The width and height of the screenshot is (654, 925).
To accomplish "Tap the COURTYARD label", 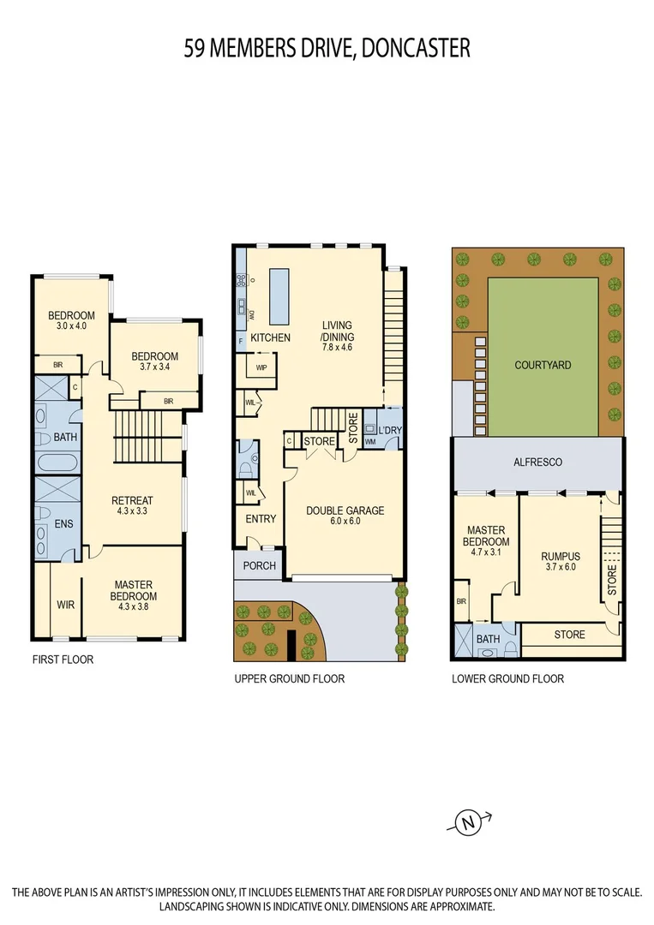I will [x=543, y=365].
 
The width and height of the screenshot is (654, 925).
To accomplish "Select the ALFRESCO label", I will [x=537, y=462].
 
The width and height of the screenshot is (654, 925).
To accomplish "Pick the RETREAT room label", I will [x=132, y=501].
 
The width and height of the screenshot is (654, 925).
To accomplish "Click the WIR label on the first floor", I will [x=66, y=604].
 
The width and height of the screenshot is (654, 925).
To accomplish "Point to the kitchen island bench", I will [x=279, y=293].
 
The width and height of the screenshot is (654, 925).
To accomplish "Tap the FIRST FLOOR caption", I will [x=63, y=660].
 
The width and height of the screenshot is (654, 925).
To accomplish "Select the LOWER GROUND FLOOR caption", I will [x=507, y=678].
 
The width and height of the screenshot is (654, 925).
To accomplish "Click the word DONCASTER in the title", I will [x=417, y=48].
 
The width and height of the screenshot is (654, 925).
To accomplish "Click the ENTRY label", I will [x=261, y=519].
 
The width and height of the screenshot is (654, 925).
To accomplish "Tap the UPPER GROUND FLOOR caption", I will [x=289, y=678].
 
